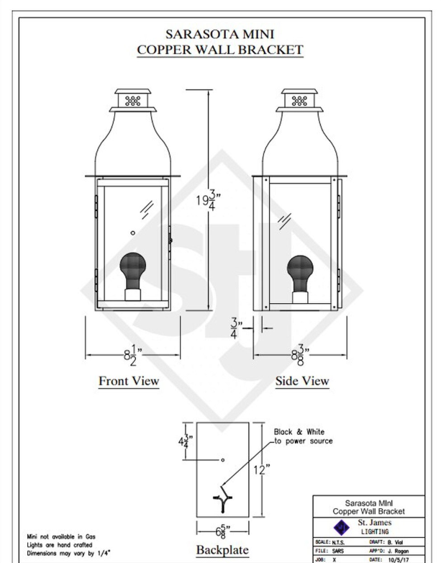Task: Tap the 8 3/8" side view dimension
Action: pyautogui.click(x=300, y=356)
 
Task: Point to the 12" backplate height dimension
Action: pyautogui.click(x=262, y=469)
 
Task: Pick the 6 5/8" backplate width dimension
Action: pyautogui.click(x=223, y=531)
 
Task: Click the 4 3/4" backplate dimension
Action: pyautogui.click(x=186, y=441)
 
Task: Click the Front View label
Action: pyautogui.click(x=129, y=381)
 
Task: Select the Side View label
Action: pyautogui.click(x=302, y=381)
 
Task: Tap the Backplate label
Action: pyautogui.click(x=222, y=550)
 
